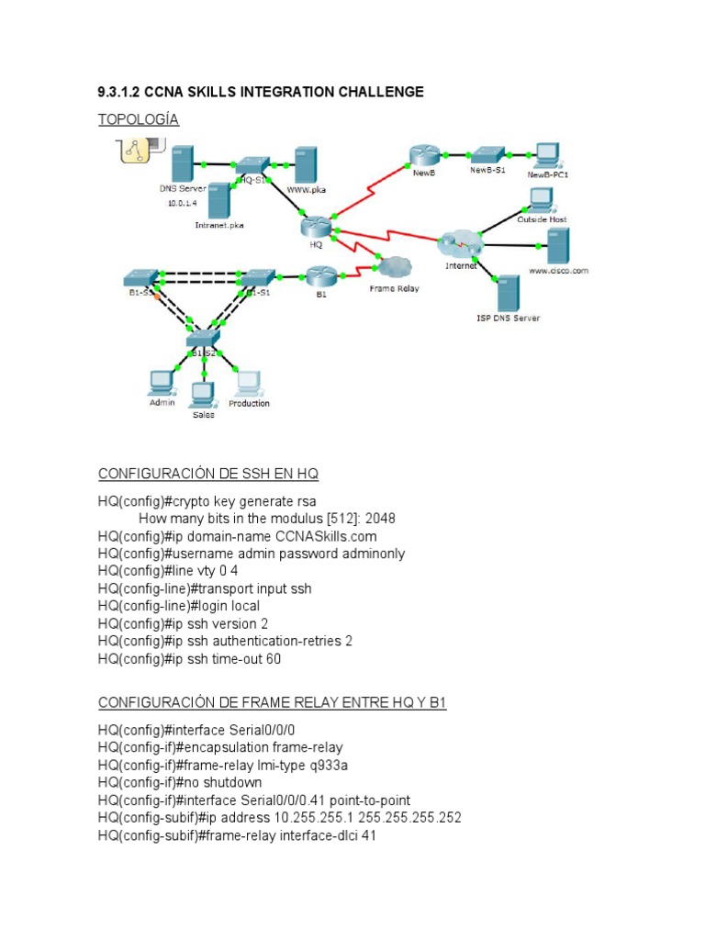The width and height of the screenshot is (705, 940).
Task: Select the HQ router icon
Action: (315, 226)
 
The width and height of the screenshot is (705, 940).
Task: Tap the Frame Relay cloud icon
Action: (393, 267)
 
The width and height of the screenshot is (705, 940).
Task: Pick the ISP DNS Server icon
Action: (508, 293)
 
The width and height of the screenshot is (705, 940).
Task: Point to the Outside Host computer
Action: (540, 200)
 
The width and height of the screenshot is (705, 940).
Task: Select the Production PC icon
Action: (248, 382)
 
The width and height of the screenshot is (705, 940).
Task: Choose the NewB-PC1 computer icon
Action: (547, 154)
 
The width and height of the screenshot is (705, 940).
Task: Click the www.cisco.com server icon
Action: (557, 246)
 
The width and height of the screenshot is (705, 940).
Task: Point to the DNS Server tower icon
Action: (183, 163)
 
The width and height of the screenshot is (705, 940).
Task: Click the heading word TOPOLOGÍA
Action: (139, 119)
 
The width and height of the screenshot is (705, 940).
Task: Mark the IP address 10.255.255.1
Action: (319, 818)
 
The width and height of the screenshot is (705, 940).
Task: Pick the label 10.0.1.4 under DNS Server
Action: (183, 204)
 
